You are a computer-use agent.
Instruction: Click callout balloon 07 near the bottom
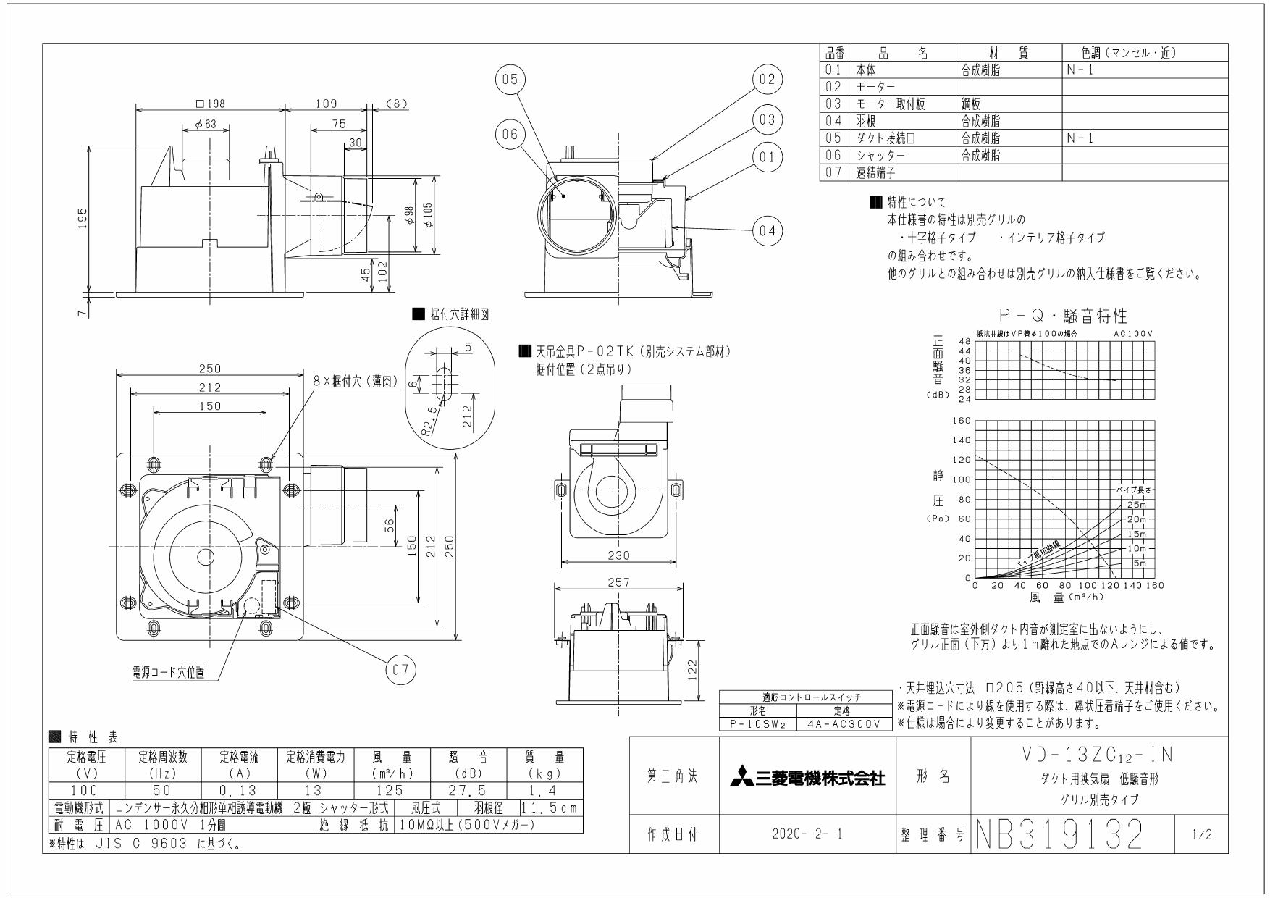pyautogui.click(x=400, y=670)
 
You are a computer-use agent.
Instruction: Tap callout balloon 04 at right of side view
pyautogui.click(x=768, y=230)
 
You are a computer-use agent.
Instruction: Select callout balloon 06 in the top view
pyautogui.click(x=510, y=135)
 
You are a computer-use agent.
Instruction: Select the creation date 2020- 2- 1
pyautogui.click(x=807, y=835)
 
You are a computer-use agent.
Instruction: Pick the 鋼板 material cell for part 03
pyautogui.click(x=971, y=104)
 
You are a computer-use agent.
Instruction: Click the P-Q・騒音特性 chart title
pyautogui.click(x=1063, y=316)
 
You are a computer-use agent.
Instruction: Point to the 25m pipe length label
pyautogui.click(x=1137, y=505)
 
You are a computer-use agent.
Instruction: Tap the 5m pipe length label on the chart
pyautogui.click(x=1139, y=563)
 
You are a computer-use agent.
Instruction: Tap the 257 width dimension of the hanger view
pyautogui.click(x=618, y=581)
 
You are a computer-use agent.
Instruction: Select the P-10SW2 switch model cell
pyautogui.click(x=758, y=723)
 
